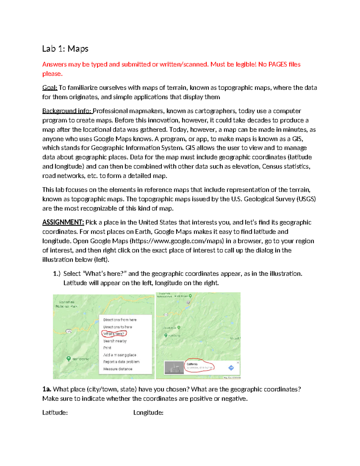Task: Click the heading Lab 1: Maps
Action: [x=65, y=49]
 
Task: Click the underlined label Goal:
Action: [x=49, y=88]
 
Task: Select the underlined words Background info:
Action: [x=67, y=111]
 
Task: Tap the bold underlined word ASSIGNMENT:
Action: [x=63, y=222]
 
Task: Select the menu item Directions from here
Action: [x=120, y=320]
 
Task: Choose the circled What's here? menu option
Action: [x=114, y=334]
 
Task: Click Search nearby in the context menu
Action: [x=115, y=341]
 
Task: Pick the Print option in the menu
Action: [x=107, y=348]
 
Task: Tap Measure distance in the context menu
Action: [x=118, y=369]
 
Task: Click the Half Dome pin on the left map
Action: [x=69, y=358]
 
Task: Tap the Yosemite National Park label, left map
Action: [x=66, y=304]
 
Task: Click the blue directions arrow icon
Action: [x=231, y=368]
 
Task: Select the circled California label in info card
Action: [x=192, y=364]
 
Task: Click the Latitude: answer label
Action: [x=55, y=413]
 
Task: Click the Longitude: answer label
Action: [x=148, y=413]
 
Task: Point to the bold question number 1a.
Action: [x=46, y=389]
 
